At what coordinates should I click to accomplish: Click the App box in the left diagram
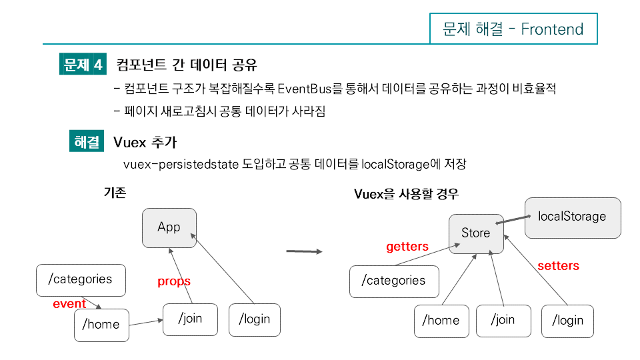coord(169,227)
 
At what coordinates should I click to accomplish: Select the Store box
coord(475,233)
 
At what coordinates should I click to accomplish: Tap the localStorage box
coord(572,217)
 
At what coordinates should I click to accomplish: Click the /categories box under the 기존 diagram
coord(80,279)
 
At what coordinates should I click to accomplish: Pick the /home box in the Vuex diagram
coord(441,320)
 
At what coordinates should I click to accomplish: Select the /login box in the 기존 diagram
coord(255,319)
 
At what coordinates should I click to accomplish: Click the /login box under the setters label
coord(567,320)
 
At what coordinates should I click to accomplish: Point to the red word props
coord(174,281)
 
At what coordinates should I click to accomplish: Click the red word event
coord(69,304)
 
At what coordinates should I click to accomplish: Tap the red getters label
coord(407,247)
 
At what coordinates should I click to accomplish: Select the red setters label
coord(558,266)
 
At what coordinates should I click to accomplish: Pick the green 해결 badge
coord(87,142)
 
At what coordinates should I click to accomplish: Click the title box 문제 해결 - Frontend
coord(513,29)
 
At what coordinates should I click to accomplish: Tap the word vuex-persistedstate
coord(181,164)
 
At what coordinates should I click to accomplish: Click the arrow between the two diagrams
coord(304,251)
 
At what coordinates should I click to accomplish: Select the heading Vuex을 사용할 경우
coord(405,194)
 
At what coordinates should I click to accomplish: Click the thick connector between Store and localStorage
coord(514,219)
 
